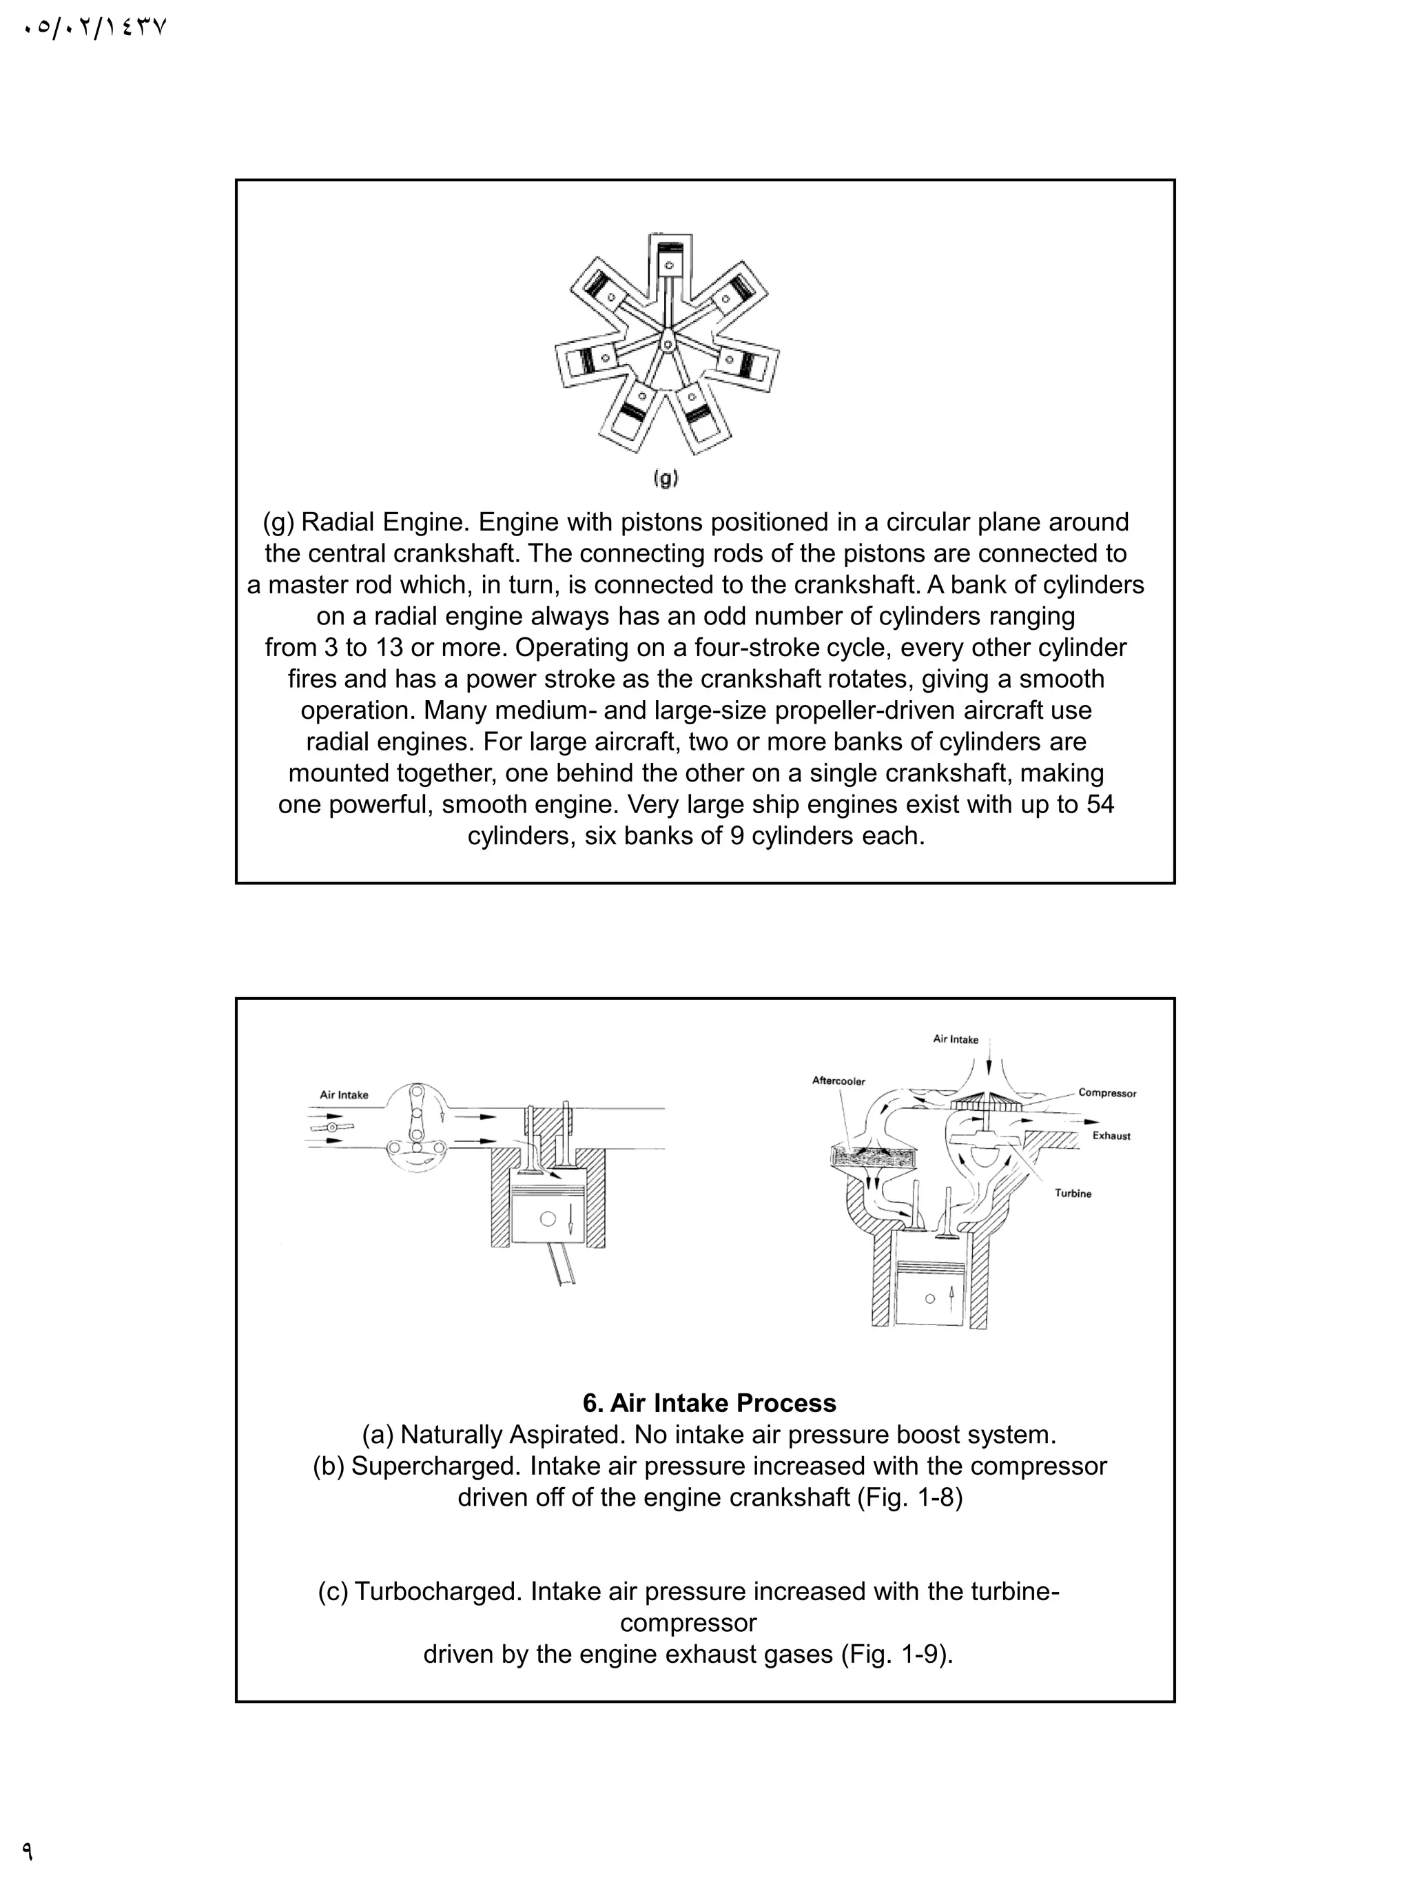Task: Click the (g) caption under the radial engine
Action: coord(665,479)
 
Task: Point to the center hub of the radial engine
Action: coord(668,343)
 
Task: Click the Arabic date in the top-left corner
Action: coord(94,28)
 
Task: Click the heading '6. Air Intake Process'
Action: coord(710,1403)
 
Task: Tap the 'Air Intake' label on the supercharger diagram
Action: coord(344,1095)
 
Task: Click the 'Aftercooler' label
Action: coord(838,1081)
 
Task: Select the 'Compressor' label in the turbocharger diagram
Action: coord(1106,1093)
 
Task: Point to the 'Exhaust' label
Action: coord(1111,1136)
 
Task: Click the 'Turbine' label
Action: coord(1073,1194)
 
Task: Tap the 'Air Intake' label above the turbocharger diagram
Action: coord(955,1039)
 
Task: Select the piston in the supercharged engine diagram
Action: coord(548,1217)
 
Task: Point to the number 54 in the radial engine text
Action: coord(1100,804)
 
